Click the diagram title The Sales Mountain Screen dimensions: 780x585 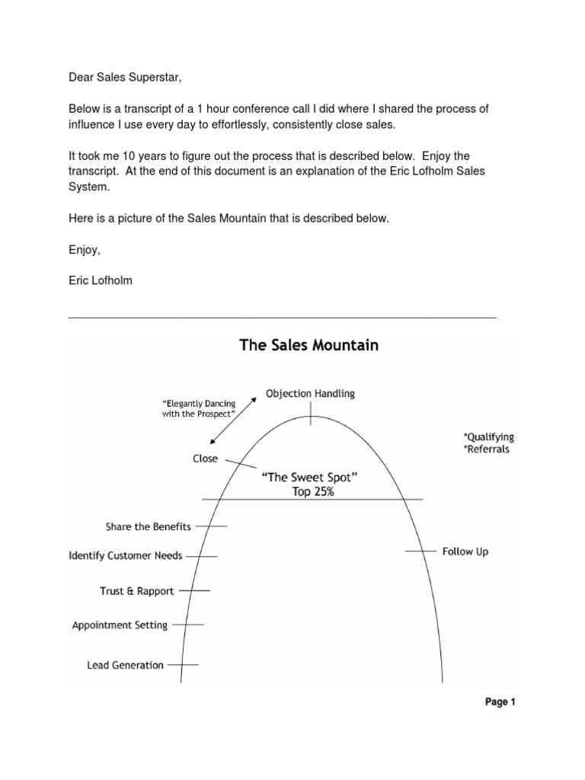click(308, 345)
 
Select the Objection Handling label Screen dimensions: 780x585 click(310, 394)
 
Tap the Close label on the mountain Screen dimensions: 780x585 click(205, 459)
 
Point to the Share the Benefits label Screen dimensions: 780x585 click(149, 526)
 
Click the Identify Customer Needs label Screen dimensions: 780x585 click(126, 555)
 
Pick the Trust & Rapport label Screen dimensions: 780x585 click(137, 590)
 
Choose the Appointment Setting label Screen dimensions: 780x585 click(120, 625)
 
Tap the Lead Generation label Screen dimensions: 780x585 click(126, 664)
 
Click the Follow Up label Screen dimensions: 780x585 click(465, 551)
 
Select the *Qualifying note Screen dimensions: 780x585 click(488, 436)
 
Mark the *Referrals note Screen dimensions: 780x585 click(486, 449)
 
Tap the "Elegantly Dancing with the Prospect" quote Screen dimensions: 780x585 click(197, 407)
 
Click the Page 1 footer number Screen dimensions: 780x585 click(501, 703)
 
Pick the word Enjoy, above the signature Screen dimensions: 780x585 click(85, 249)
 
